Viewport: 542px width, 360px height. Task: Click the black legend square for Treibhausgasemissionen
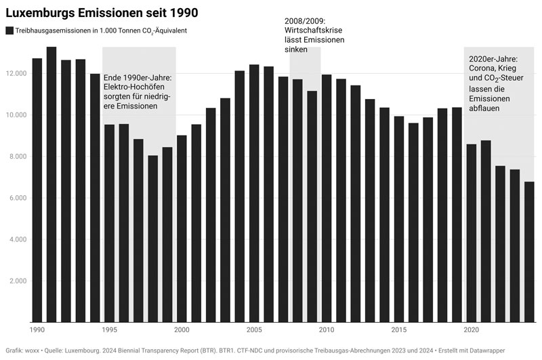[9, 31]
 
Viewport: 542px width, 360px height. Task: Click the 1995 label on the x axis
[109, 330]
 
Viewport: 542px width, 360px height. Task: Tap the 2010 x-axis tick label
[327, 330]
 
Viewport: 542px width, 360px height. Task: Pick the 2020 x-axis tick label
[472, 330]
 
